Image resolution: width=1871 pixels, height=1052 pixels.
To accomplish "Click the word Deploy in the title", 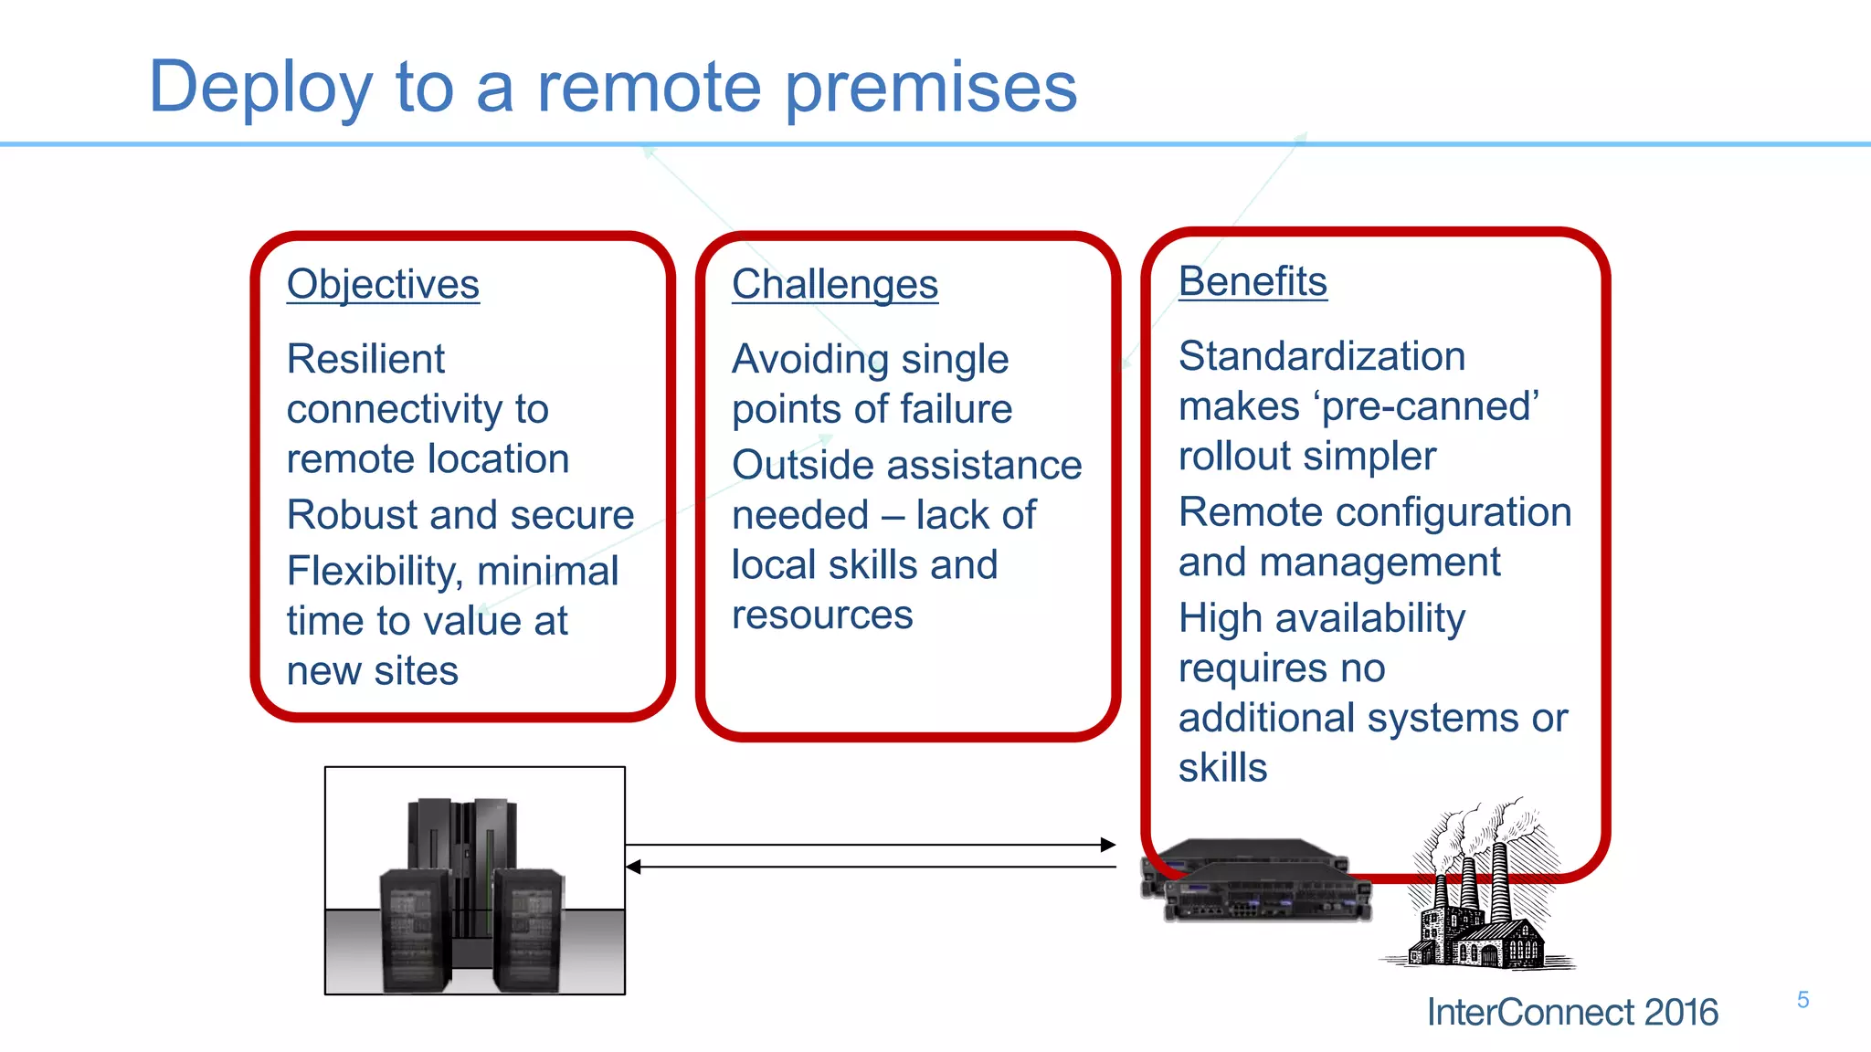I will click(x=260, y=89).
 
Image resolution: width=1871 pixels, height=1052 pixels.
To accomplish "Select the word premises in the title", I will click(x=931, y=89).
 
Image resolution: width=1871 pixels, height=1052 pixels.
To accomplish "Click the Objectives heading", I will click(x=383, y=284).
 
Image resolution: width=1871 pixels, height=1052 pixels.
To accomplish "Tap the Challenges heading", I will click(x=834, y=284).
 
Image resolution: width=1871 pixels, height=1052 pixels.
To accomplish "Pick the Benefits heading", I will click(x=1252, y=281).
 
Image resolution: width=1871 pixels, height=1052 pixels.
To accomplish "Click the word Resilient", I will click(x=365, y=359).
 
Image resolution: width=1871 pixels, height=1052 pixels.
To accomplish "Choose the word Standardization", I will click(x=1321, y=356).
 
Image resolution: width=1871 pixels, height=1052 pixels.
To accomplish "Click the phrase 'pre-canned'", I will click(x=1430, y=406).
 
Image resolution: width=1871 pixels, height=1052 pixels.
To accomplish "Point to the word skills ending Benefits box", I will click(x=1222, y=768).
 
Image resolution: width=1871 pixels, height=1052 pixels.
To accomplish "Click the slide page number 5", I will click(x=1802, y=1000).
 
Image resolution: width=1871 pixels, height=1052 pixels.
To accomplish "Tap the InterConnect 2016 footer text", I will click(x=1571, y=1013).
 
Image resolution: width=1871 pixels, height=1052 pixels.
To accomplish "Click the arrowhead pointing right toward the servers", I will click(x=1108, y=845).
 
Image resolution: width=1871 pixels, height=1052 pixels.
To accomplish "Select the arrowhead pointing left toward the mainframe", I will click(x=633, y=867).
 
